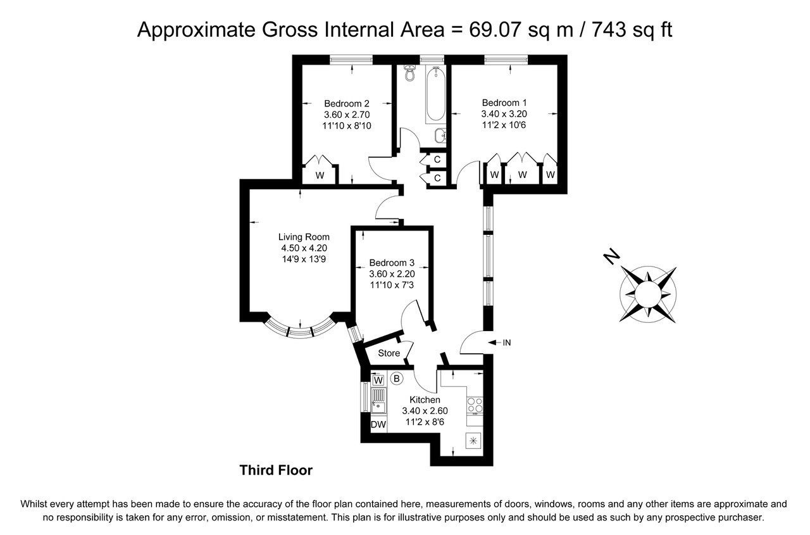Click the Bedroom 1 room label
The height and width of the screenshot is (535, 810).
tap(504, 103)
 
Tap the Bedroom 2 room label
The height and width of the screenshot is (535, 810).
tap(346, 104)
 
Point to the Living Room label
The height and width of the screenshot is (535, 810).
tap(304, 237)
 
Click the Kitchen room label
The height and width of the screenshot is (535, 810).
tap(425, 400)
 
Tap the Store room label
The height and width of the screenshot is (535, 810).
tap(389, 353)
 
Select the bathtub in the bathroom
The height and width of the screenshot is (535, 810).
tap(435, 95)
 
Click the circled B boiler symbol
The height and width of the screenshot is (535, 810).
tap(397, 379)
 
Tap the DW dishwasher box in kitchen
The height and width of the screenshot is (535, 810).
tap(378, 425)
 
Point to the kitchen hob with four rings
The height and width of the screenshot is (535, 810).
tap(475, 405)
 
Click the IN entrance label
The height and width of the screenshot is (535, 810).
tap(506, 343)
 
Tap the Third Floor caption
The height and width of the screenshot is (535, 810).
tap(276, 470)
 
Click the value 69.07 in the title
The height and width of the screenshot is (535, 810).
tap(491, 29)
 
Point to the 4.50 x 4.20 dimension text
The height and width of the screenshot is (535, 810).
tap(304, 248)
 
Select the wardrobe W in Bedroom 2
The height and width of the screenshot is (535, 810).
tap(320, 175)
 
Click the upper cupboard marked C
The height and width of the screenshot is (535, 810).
tap(437, 159)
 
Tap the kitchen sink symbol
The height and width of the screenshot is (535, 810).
tap(378, 400)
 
